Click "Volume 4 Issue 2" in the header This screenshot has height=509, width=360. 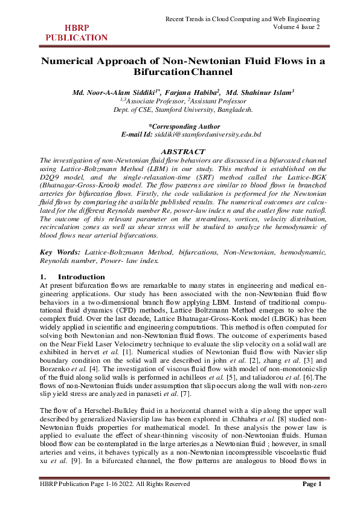tap(296, 27)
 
